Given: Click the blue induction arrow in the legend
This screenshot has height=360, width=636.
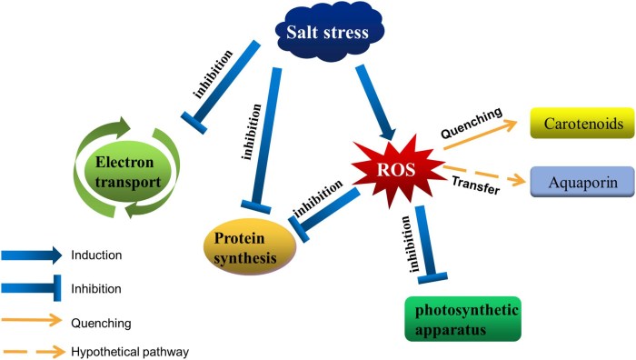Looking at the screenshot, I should pyautogui.click(x=32, y=255).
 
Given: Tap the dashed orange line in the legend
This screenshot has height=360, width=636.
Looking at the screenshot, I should pyautogui.click(x=32, y=351).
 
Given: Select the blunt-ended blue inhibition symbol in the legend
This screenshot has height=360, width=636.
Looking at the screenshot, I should pyautogui.click(x=32, y=288).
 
